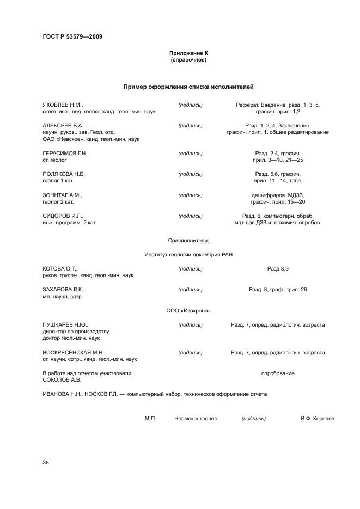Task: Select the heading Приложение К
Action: coord(188,53)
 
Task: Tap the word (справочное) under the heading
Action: coord(188,60)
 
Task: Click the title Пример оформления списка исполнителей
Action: coord(188,87)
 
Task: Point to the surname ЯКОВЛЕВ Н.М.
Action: coord(63,105)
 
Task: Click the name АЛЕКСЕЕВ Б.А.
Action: coord(63,125)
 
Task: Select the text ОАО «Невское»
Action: coord(59,139)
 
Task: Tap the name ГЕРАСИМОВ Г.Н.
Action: coord(65,154)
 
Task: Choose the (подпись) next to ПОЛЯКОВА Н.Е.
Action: coord(190,174)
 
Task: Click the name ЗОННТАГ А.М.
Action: coord(62,195)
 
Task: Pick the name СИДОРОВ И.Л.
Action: coord(62,216)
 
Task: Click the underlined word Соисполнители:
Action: coord(188,240)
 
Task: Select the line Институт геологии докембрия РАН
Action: coord(188,254)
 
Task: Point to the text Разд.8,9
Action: coord(278,268)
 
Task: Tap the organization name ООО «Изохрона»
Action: coord(188,311)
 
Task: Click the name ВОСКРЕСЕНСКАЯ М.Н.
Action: coord(74,353)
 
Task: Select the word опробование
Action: coord(278,373)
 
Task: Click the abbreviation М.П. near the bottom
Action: coord(150,419)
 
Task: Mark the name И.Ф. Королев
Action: coord(317,419)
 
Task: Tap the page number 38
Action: coord(46,463)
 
